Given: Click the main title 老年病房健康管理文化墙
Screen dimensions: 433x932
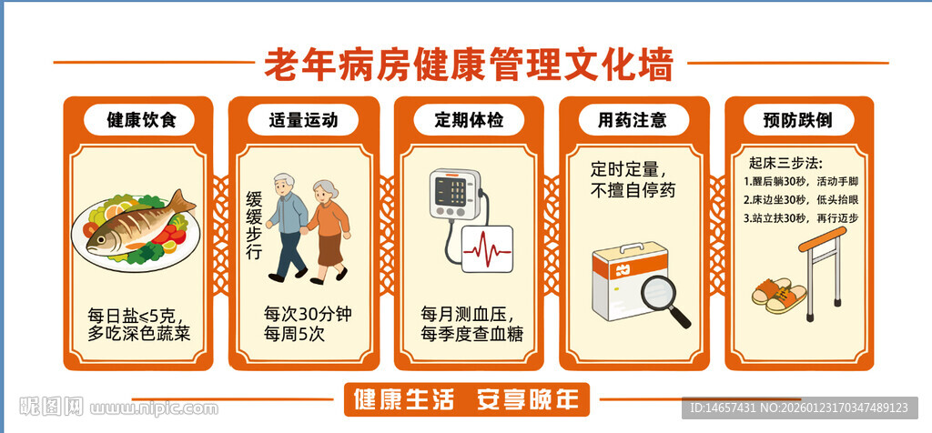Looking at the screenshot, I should pos(469,65).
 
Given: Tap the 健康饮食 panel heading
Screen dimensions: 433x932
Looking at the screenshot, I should pos(137,120).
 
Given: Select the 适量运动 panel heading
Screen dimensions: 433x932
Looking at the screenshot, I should pos(303,120).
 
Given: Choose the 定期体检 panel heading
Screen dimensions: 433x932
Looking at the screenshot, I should pos(469,120).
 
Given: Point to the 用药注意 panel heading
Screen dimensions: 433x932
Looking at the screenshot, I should pos(632,120).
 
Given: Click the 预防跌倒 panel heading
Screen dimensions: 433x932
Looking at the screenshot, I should pos(798,120).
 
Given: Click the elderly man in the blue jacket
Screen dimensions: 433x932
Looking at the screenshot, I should pos(289,223).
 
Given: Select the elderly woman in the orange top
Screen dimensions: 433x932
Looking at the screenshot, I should pos(328,227).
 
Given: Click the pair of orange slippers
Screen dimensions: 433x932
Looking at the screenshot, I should pos(779,297).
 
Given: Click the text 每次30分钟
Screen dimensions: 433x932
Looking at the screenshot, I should pos(308,315).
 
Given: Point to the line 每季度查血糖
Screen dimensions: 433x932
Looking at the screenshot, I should pos(471,334).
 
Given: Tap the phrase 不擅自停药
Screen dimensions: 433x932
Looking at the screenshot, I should pos(633,190).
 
